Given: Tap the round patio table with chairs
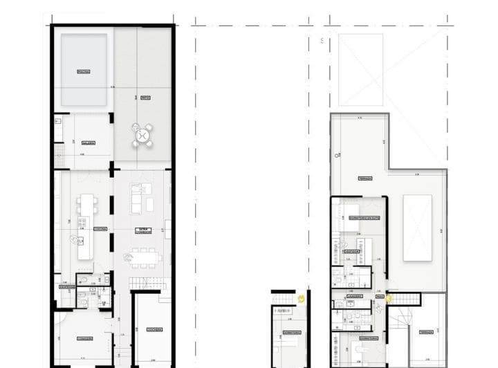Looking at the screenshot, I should [x=143, y=134].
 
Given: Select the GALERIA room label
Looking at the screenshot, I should [x=86, y=143].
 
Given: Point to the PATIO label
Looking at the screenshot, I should [x=145, y=98].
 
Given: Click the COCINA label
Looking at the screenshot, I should [x=100, y=229].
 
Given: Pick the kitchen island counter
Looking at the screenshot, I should [x=85, y=226].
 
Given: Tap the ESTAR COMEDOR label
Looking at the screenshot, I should [x=143, y=230].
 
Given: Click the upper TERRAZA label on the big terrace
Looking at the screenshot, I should [x=365, y=178].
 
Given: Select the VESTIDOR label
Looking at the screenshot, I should [x=352, y=251].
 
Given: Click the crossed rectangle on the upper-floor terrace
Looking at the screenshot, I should [x=417, y=228].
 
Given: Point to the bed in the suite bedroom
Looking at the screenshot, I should [x=346, y=212].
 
